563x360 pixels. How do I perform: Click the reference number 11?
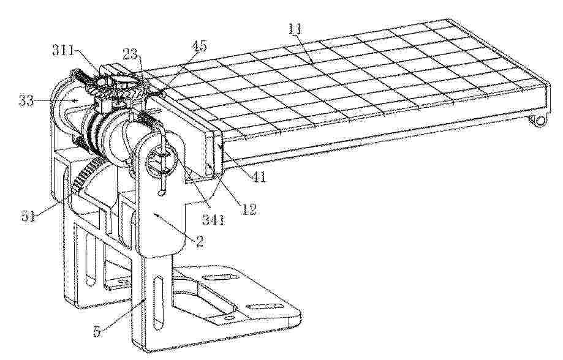[295, 29]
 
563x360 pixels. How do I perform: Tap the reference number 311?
[62, 50]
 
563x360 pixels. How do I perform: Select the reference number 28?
[130, 54]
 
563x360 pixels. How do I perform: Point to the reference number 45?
[199, 46]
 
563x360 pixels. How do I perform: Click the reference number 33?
[26, 101]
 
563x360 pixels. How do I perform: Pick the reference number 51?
[28, 216]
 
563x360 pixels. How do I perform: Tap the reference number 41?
[259, 176]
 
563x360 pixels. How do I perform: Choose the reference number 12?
[249, 209]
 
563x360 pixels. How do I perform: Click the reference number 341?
[214, 219]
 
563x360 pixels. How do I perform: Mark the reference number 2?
[200, 241]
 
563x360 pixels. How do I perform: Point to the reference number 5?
[97, 331]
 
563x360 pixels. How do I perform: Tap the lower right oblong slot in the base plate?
[265, 306]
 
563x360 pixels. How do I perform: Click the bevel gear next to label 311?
[118, 82]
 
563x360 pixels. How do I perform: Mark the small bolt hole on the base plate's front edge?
[226, 317]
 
